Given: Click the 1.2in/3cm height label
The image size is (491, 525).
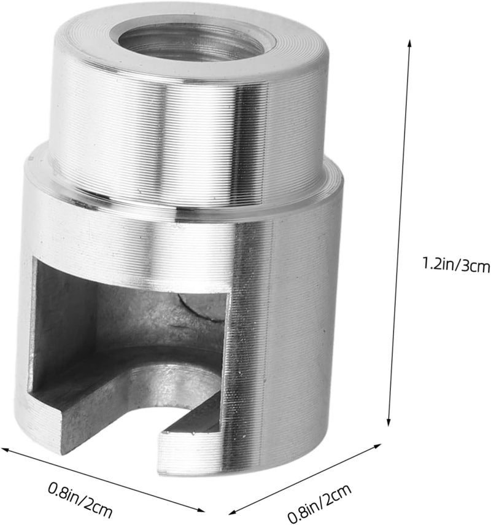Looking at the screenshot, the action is [456, 265].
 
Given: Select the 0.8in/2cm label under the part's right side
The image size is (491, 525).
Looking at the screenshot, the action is [320, 502].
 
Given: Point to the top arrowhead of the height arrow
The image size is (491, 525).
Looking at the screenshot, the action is [409, 44].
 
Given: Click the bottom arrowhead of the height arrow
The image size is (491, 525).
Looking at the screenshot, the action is [389, 422].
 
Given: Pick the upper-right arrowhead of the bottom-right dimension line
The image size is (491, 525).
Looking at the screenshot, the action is [377, 446].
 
